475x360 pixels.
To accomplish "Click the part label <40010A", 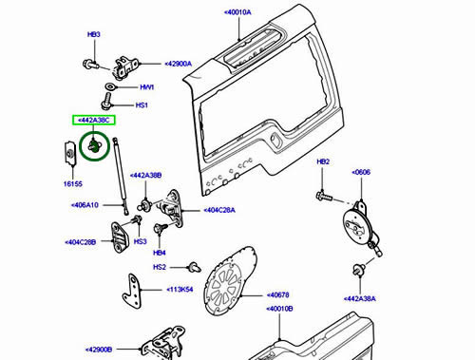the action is click(237, 12).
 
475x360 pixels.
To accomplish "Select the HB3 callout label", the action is click(94, 34).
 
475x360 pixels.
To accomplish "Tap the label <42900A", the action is click(178, 64).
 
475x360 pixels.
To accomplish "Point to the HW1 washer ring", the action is click(110, 86).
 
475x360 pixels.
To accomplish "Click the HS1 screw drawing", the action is click(106, 101).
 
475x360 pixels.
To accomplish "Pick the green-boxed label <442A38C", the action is click(94, 121).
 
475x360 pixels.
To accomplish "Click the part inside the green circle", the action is click(94, 145).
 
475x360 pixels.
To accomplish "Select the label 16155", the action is click(73, 184).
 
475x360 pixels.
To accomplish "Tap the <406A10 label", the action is click(85, 205).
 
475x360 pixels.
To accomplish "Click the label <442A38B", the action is click(145, 176).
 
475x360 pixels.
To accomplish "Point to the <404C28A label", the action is click(219, 210).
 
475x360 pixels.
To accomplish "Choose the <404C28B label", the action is click(80, 242).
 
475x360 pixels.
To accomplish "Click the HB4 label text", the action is click(160, 253).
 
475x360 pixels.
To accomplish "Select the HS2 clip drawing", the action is click(194, 267).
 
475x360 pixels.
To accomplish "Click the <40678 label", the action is click(277, 295).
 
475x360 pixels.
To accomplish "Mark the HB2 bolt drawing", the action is click(324, 196).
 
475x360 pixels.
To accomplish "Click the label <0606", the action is click(361, 172).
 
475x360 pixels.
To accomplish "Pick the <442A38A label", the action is click(360, 298).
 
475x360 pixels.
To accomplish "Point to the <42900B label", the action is click(99, 350).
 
